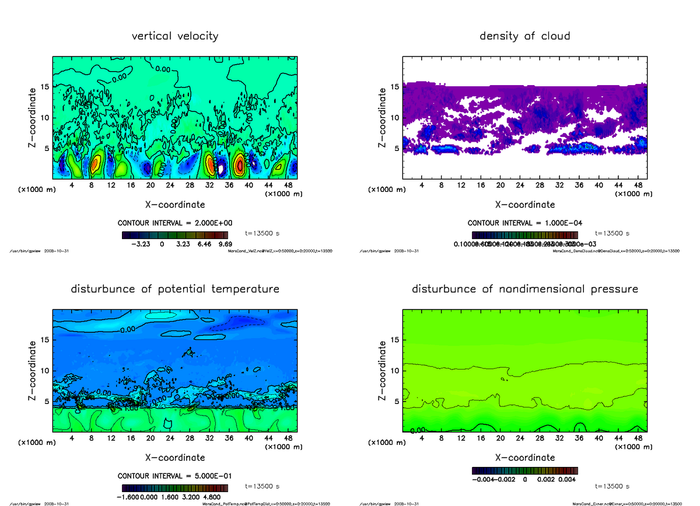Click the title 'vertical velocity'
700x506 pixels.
pyautogui.click(x=175, y=36)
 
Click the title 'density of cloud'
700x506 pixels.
pyautogui.click(x=524, y=36)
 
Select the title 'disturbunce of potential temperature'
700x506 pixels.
pyautogui.click(x=175, y=289)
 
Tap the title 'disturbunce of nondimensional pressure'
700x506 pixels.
pyautogui.click(x=524, y=289)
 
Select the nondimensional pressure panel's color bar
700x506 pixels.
pyautogui.click(x=524, y=470)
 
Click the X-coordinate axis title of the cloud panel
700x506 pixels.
pyautogui.click(x=524, y=205)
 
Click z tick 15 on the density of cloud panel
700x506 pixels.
pyautogui.click(x=395, y=87)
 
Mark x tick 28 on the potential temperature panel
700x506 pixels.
pyautogui.click(x=190, y=438)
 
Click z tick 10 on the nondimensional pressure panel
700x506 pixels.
pyautogui.click(x=395, y=370)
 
